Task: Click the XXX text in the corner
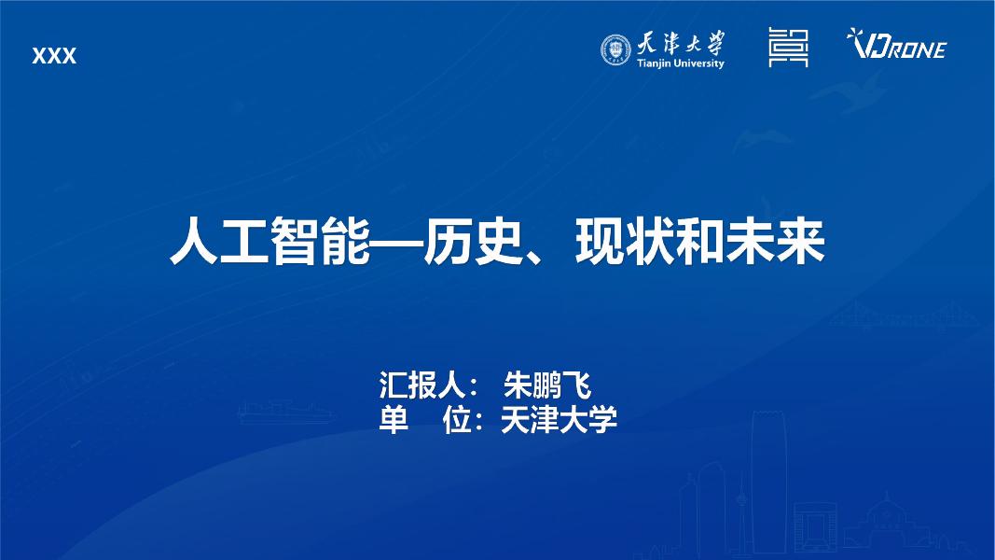[x=54, y=57]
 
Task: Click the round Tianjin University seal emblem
[x=615, y=49]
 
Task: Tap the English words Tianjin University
[x=679, y=63]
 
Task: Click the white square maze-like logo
[x=788, y=47]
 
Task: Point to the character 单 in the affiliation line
[x=394, y=420]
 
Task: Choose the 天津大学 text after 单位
[x=559, y=420]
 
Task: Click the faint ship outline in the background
[x=281, y=412]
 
